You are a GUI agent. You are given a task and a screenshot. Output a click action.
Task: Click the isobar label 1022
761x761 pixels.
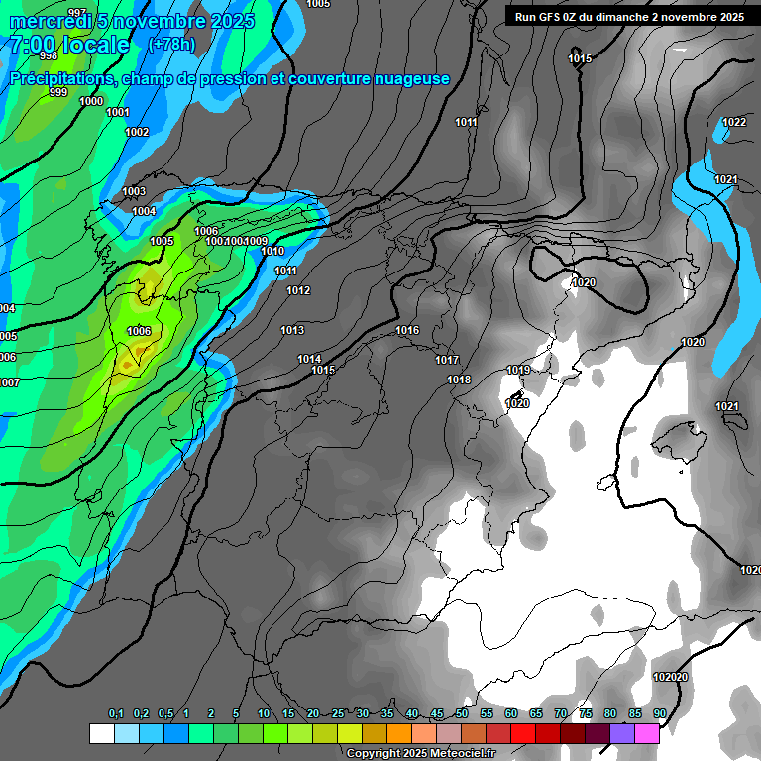734,122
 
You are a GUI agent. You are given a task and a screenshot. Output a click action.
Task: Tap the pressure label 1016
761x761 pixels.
407,330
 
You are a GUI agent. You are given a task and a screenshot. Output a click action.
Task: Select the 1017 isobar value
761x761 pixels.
447,360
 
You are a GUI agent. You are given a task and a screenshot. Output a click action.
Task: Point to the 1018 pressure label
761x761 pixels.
459,380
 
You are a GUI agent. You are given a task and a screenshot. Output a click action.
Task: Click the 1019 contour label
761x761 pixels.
518,370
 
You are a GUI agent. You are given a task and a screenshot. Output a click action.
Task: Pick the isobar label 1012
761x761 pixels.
298,290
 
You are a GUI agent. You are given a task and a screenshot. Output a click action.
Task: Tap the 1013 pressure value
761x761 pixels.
292,330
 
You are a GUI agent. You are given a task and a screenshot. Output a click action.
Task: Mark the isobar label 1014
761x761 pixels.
309,359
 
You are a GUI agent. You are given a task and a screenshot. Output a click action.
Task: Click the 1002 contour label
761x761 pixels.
137,132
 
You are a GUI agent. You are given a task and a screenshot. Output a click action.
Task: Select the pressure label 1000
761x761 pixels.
91,101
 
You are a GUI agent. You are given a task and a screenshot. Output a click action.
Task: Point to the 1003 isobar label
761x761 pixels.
134,191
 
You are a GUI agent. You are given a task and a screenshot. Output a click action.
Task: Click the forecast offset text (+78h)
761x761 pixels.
171,45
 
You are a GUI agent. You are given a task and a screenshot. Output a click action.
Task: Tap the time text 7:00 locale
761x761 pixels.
69,45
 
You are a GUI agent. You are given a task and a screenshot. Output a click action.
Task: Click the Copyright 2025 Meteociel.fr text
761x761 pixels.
420,753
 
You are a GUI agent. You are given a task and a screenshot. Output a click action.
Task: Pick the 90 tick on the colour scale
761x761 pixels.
660,713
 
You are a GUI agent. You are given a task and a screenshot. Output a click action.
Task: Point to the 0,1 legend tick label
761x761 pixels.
116,713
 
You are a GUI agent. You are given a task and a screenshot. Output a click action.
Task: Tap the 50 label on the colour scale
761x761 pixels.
462,713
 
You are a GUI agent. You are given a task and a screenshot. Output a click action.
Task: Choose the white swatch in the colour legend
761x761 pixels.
101,733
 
